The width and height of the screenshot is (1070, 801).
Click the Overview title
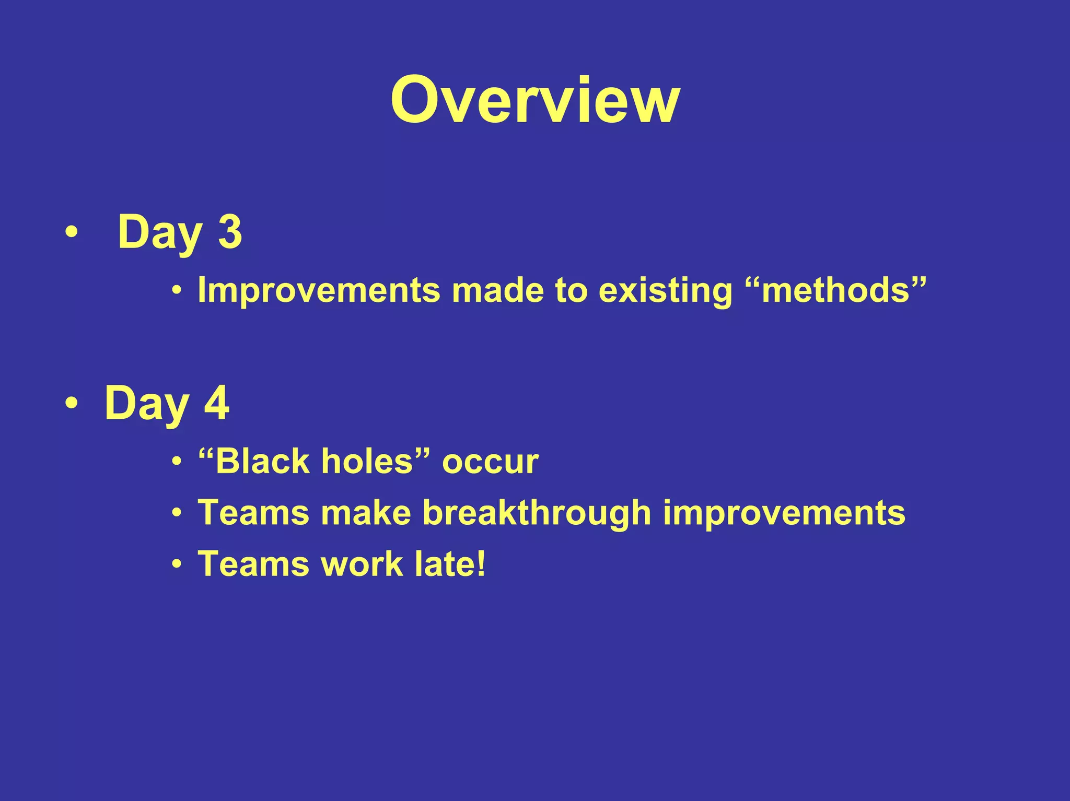pos(534,100)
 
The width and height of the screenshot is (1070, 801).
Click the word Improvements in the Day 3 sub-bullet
pos(319,290)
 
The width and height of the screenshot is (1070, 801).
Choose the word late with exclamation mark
pos(450,564)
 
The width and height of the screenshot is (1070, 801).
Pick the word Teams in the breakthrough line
pos(253,513)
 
